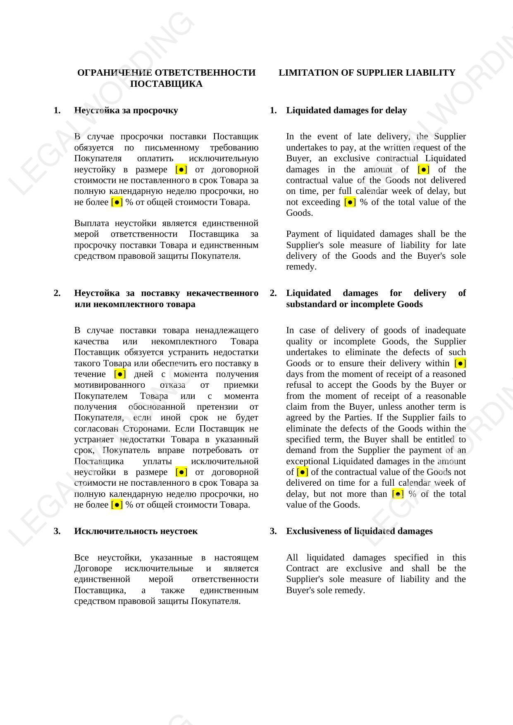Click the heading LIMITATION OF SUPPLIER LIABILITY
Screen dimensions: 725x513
tap(367, 73)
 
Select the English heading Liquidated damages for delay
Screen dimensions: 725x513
tap(346, 110)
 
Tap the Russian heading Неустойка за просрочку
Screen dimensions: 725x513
tap(126, 110)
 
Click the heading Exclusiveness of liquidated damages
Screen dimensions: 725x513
tap(359, 531)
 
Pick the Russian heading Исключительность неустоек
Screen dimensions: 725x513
tap(136, 531)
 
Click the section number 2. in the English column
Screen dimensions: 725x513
tap(273, 293)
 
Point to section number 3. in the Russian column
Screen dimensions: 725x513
tap(57, 531)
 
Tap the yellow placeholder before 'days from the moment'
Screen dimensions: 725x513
tap(460, 363)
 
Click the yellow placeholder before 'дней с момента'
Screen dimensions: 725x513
tap(120, 374)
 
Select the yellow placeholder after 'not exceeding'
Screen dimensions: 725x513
tap(350, 202)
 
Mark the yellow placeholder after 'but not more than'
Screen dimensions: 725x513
tap(398, 494)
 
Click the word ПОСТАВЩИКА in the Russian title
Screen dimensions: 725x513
tap(166, 84)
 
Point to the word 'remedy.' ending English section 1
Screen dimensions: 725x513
tap(301, 267)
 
